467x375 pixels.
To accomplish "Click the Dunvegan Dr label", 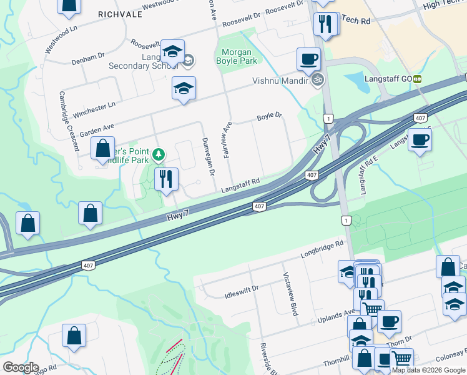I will click(x=207, y=156).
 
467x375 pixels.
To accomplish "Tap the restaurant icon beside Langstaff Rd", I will click(x=166, y=179).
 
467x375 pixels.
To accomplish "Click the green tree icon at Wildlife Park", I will click(x=159, y=154).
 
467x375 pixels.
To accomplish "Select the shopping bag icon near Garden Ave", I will click(x=102, y=149).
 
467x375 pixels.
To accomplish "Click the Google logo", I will click(x=21, y=367).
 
